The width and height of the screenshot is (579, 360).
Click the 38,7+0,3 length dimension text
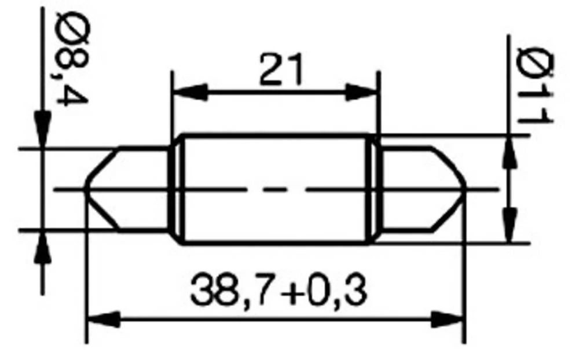[278, 291]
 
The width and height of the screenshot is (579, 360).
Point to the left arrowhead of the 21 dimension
[189, 91]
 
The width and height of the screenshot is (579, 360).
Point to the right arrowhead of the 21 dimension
[364, 91]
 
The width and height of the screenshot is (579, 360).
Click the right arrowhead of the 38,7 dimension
[448, 319]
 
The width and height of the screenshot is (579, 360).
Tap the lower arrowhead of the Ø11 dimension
[510, 227]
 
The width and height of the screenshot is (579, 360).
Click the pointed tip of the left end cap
[86, 189]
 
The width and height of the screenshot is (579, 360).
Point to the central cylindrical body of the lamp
[275, 189]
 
